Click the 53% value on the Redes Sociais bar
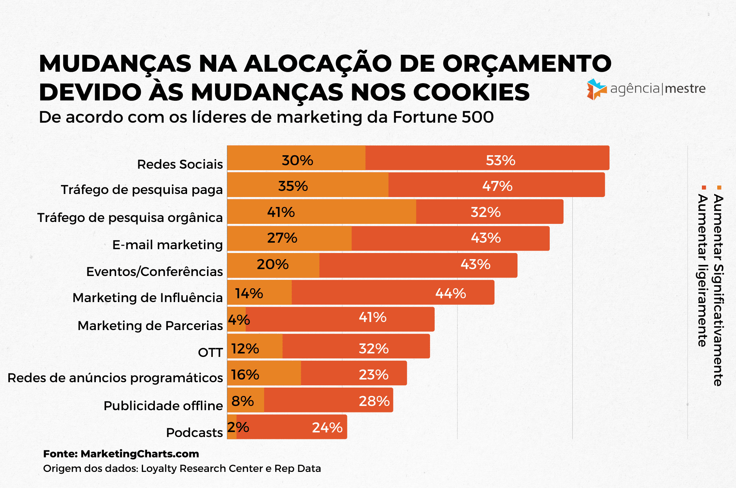click(500, 160)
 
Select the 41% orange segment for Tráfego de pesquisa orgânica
click(321, 212)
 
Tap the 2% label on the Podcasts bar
click(238, 427)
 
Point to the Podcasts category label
click(194, 432)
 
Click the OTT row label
click(210, 352)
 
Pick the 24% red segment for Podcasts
click(292, 427)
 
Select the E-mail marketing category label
click(168, 245)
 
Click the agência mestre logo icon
click(596, 89)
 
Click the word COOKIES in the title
click(471, 92)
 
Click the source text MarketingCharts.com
click(140, 454)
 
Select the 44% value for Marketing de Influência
click(450, 293)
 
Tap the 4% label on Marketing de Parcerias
click(239, 320)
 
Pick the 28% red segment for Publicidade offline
click(329, 401)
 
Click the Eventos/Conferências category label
click(154, 271)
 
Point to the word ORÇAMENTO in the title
click(527, 63)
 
